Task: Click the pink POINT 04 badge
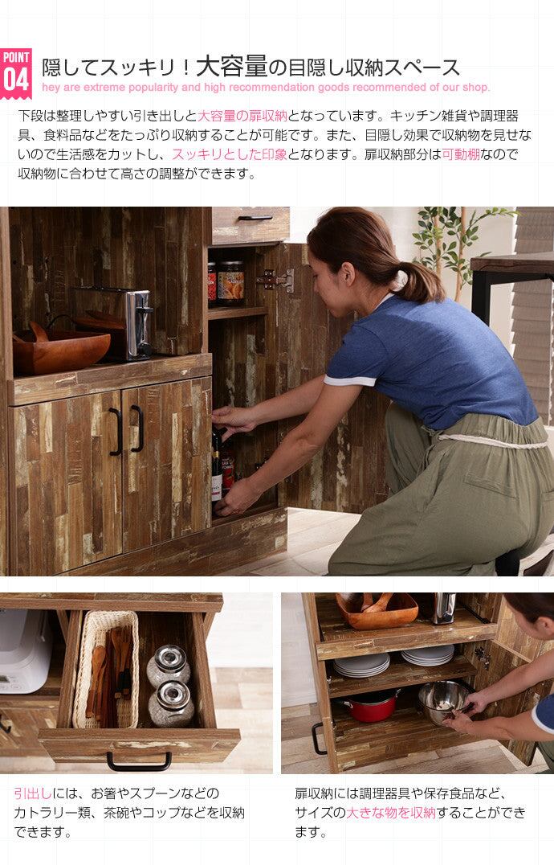point(16,73)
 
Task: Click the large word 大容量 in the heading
point(231,67)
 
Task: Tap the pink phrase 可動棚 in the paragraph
point(460,154)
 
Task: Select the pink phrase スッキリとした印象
point(230,154)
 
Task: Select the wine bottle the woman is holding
point(217,465)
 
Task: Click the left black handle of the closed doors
point(116,432)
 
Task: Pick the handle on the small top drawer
point(255,218)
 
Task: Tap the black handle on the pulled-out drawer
point(139,761)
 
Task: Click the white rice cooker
point(24,650)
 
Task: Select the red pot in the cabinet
point(371,706)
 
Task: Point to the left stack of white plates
point(361,666)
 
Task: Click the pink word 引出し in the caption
point(33,793)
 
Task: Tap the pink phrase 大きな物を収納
point(390,812)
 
